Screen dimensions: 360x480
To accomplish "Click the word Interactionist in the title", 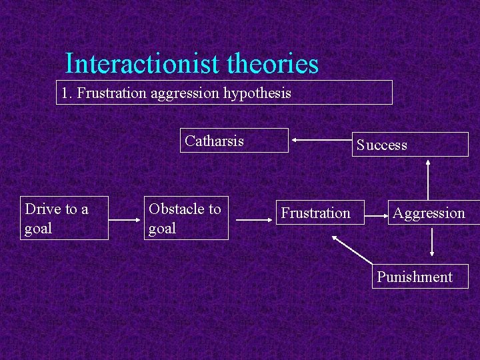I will tap(143, 65).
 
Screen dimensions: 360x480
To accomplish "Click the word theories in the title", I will tap(273, 65).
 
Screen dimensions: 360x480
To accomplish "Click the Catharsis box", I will tap(234, 141).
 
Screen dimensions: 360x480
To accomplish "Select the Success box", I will tap(410, 145).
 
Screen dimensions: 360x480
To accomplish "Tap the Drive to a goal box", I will tap(64, 218).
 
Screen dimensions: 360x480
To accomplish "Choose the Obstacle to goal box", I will tap(186, 218).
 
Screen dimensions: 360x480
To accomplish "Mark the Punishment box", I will tap(419, 277).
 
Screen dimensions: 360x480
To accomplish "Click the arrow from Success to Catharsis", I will tap(323, 141).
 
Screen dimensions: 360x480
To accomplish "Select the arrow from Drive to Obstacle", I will tap(126, 218).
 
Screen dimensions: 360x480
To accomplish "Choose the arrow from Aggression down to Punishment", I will tap(432, 242).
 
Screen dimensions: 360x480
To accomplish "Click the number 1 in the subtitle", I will tap(64, 93).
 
